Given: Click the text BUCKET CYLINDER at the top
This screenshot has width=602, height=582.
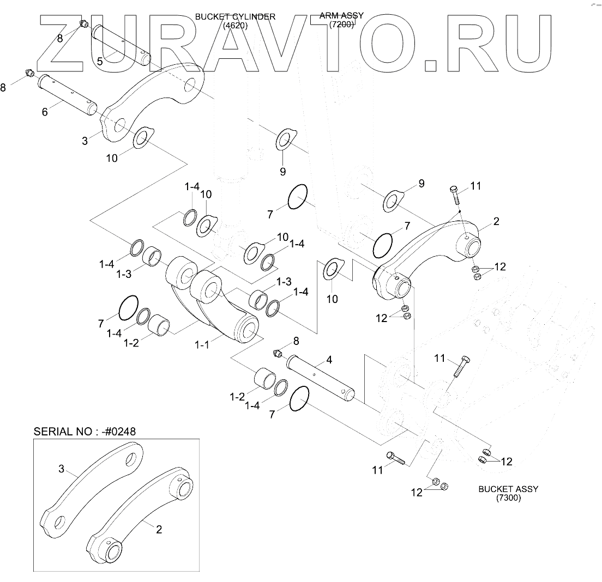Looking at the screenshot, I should coord(235,17).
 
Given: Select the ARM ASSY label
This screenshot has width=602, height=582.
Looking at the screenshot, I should coord(341,16).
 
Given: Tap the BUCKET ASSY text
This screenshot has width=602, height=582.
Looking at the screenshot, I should coord(508,489).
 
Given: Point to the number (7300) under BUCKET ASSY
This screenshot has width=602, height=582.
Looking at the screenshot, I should coord(508,498).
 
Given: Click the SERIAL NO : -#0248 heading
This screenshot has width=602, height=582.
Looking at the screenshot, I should coord(85,431).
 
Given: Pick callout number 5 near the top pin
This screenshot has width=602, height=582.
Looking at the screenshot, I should coord(100,61).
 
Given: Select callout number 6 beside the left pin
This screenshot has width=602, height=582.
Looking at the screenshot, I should coord(45,112).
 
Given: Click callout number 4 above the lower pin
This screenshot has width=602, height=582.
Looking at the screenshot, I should coord(329,360).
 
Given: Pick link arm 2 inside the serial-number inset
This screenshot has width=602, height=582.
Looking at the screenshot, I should coord(142,512).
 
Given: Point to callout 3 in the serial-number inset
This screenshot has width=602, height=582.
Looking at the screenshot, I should coord(61,469).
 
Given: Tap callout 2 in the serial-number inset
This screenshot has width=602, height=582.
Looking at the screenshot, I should coord(159,529).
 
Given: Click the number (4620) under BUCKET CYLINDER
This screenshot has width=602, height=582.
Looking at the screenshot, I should coord(235,26).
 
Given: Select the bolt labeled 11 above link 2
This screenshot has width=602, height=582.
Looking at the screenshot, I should coord(455,195).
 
